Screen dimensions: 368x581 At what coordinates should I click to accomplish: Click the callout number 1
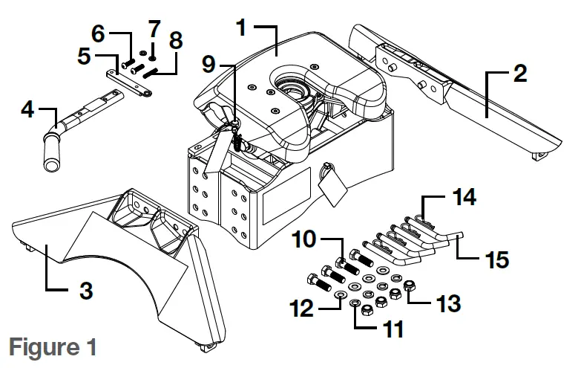point(241,28)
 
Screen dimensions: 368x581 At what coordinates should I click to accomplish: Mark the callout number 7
point(153,32)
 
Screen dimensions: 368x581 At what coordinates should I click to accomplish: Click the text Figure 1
point(49,347)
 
